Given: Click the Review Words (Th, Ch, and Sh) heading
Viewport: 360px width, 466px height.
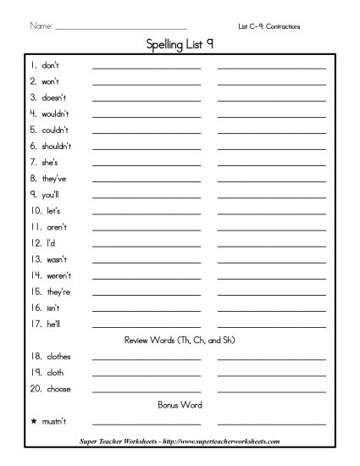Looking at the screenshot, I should click(x=180, y=340).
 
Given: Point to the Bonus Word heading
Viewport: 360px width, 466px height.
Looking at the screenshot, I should click(x=180, y=405).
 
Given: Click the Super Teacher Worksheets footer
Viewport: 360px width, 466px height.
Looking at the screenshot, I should click(x=180, y=442).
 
